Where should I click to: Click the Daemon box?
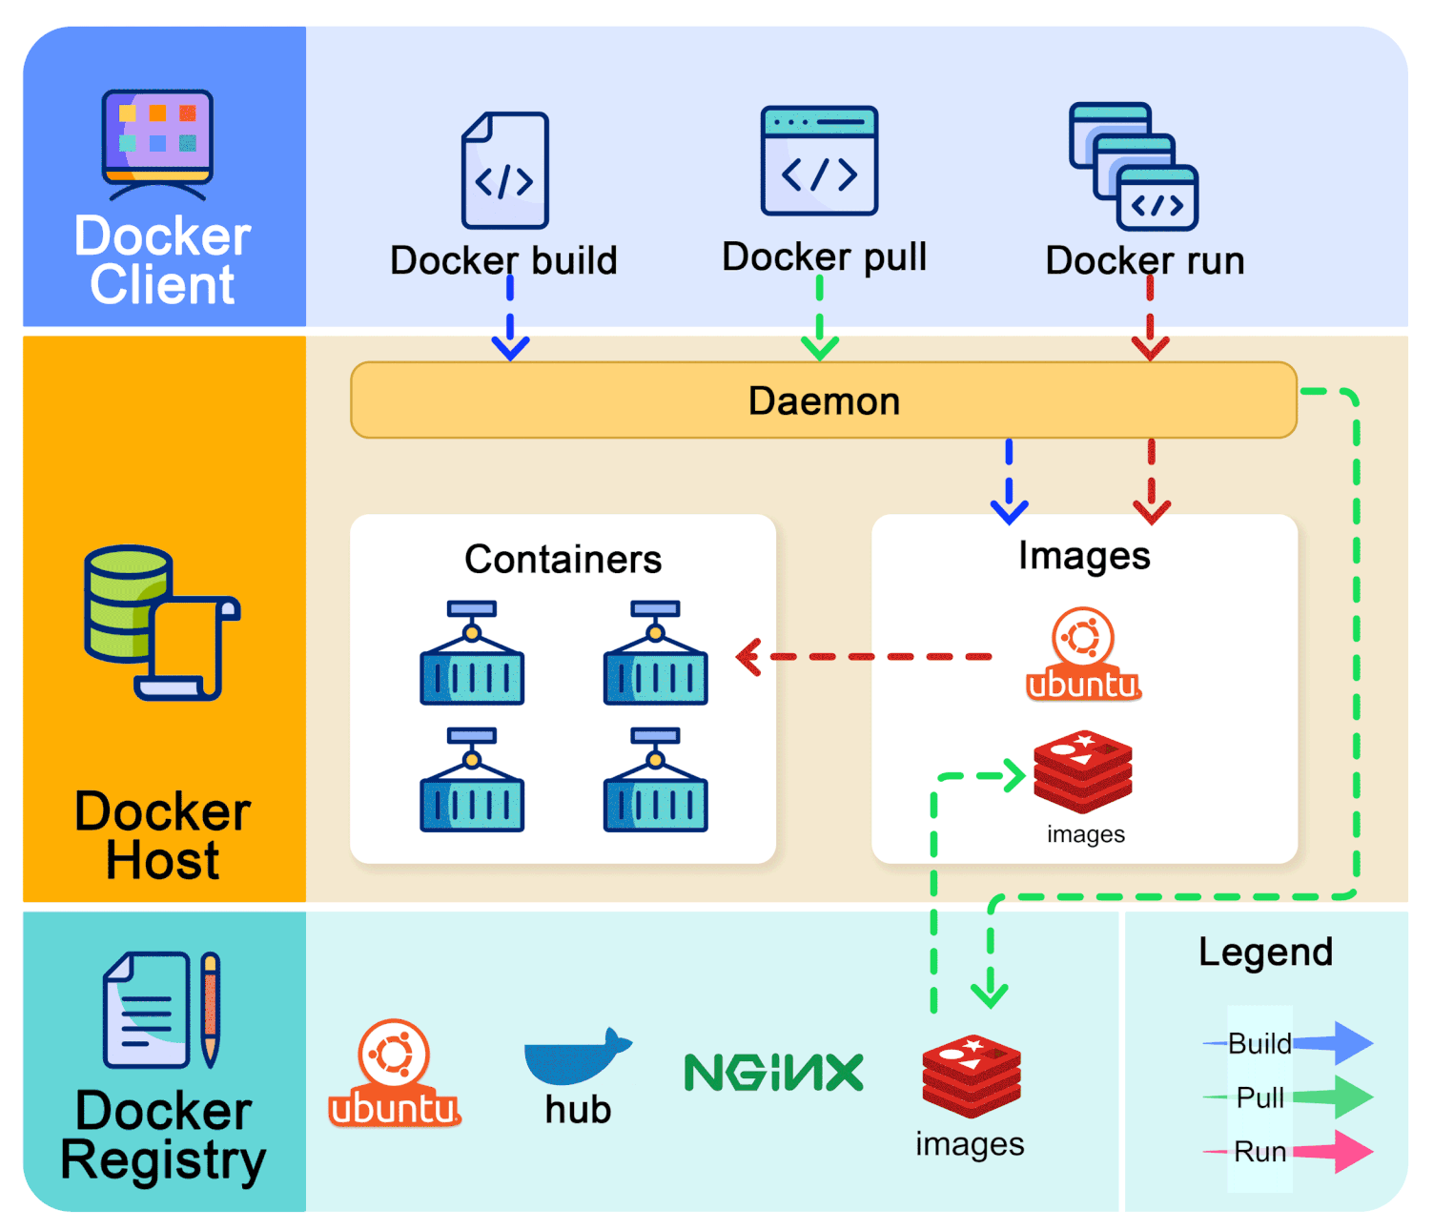tap(824, 400)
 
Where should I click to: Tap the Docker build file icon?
tap(505, 171)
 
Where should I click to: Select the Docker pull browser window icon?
tap(819, 161)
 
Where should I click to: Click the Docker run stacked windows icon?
tap(1134, 167)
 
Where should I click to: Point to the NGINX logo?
tap(774, 1073)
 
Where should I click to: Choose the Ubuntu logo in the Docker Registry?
tap(395, 1074)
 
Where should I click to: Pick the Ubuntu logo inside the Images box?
tap(1084, 654)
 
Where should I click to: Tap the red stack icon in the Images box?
tap(1083, 771)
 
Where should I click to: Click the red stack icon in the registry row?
tap(972, 1076)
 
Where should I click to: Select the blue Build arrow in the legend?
tap(1333, 1043)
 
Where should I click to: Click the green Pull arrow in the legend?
tap(1333, 1097)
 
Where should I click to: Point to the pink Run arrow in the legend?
tap(1333, 1152)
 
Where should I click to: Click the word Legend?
tap(1265, 952)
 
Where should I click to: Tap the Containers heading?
tap(563, 559)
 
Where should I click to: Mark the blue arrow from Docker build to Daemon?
tap(510, 319)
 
